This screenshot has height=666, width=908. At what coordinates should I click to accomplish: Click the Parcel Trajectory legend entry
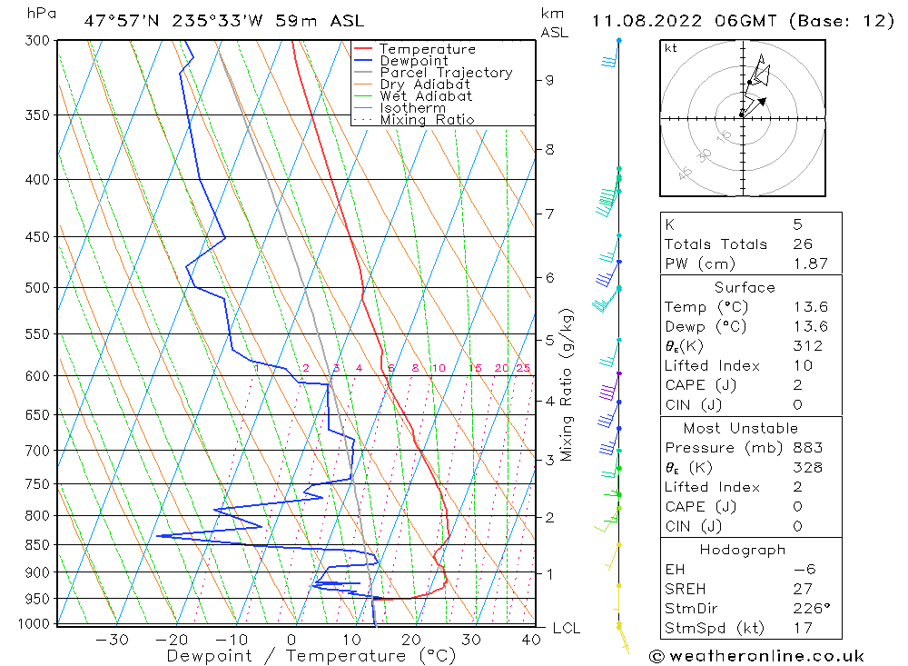pyautogui.click(x=446, y=73)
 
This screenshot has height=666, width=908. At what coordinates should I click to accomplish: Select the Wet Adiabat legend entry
pyautogui.click(x=426, y=96)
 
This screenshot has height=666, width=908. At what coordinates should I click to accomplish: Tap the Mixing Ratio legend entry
pyautogui.click(x=427, y=120)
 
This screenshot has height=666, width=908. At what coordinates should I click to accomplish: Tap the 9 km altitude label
pyautogui.click(x=549, y=80)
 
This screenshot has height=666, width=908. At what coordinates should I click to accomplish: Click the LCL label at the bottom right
pyautogui.click(x=566, y=629)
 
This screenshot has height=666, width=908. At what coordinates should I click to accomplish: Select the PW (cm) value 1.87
pyautogui.click(x=810, y=263)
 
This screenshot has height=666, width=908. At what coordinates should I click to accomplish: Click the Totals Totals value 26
pyautogui.click(x=802, y=244)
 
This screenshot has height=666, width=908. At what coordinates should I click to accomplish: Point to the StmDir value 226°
pyautogui.click(x=809, y=608)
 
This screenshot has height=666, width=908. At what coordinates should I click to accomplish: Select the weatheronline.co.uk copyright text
pyautogui.click(x=756, y=656)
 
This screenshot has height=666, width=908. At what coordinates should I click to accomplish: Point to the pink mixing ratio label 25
pyautogui.click(x=523, y=368)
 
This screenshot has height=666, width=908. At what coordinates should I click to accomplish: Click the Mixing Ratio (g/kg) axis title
pyautogui.click(x=567, y=385)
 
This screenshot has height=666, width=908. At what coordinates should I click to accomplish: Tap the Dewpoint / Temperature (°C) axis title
pyautogui.click(x=311, y=656)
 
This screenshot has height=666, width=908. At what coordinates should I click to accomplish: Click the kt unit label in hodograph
pyautogui.click(x=671, y=48)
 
